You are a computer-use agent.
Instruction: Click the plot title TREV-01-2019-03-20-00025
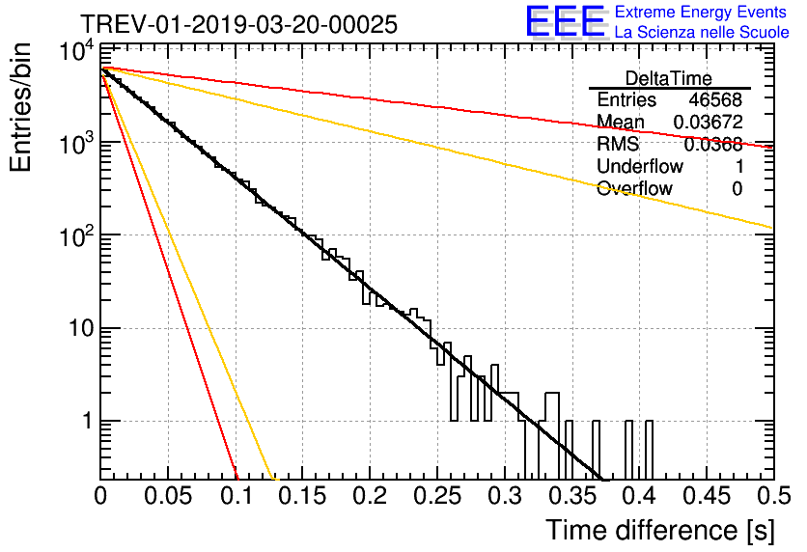point(237,25)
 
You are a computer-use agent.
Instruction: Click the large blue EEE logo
point(565,23)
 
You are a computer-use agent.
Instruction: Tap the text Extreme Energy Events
point(702,13)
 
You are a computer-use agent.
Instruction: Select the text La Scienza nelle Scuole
point(702,33)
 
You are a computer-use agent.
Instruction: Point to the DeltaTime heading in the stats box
point(669,77)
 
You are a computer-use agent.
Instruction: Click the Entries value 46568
point(715,100)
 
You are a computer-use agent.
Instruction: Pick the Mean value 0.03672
point(708,123)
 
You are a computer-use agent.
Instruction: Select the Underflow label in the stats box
point(640,167)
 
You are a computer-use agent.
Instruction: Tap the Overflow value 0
point(737,189)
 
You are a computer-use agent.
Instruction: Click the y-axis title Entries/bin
point(22,108)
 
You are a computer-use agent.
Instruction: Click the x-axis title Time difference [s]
point(657,529)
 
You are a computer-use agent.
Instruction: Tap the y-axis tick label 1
point(85,422)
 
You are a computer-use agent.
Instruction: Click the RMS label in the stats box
point(618,145)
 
